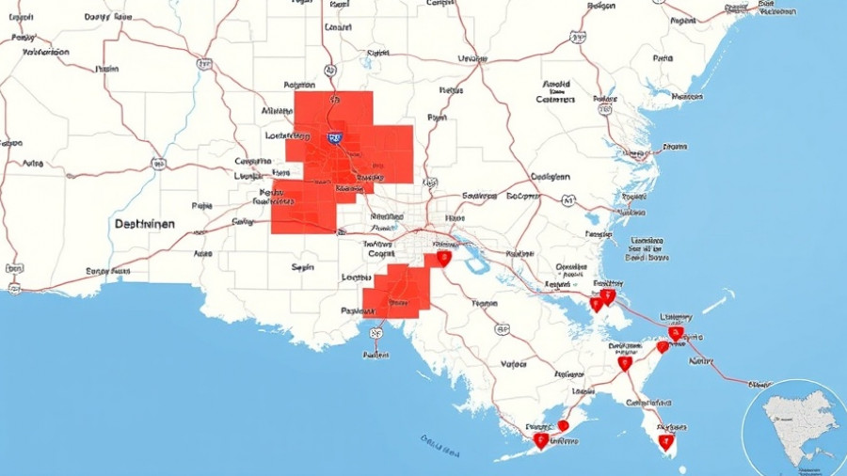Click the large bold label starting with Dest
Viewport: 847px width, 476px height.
pos(145,225)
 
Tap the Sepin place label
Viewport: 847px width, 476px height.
pos(302,267)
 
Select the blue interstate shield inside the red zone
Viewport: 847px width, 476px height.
pos(334,138)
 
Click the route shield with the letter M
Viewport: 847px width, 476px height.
pos(567,200)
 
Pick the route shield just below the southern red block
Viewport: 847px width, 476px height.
pos(376,332)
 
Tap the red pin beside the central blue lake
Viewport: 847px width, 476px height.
pos(443,258)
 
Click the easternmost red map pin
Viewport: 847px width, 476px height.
pos(676,332)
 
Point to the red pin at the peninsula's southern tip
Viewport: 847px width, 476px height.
pos(666,439)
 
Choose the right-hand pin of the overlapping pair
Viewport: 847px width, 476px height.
pos(608,296)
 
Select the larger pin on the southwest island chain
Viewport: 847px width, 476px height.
pos(540,439)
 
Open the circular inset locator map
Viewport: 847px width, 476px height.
pos(795,428)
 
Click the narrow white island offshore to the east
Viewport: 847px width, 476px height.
pos(720,302)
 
